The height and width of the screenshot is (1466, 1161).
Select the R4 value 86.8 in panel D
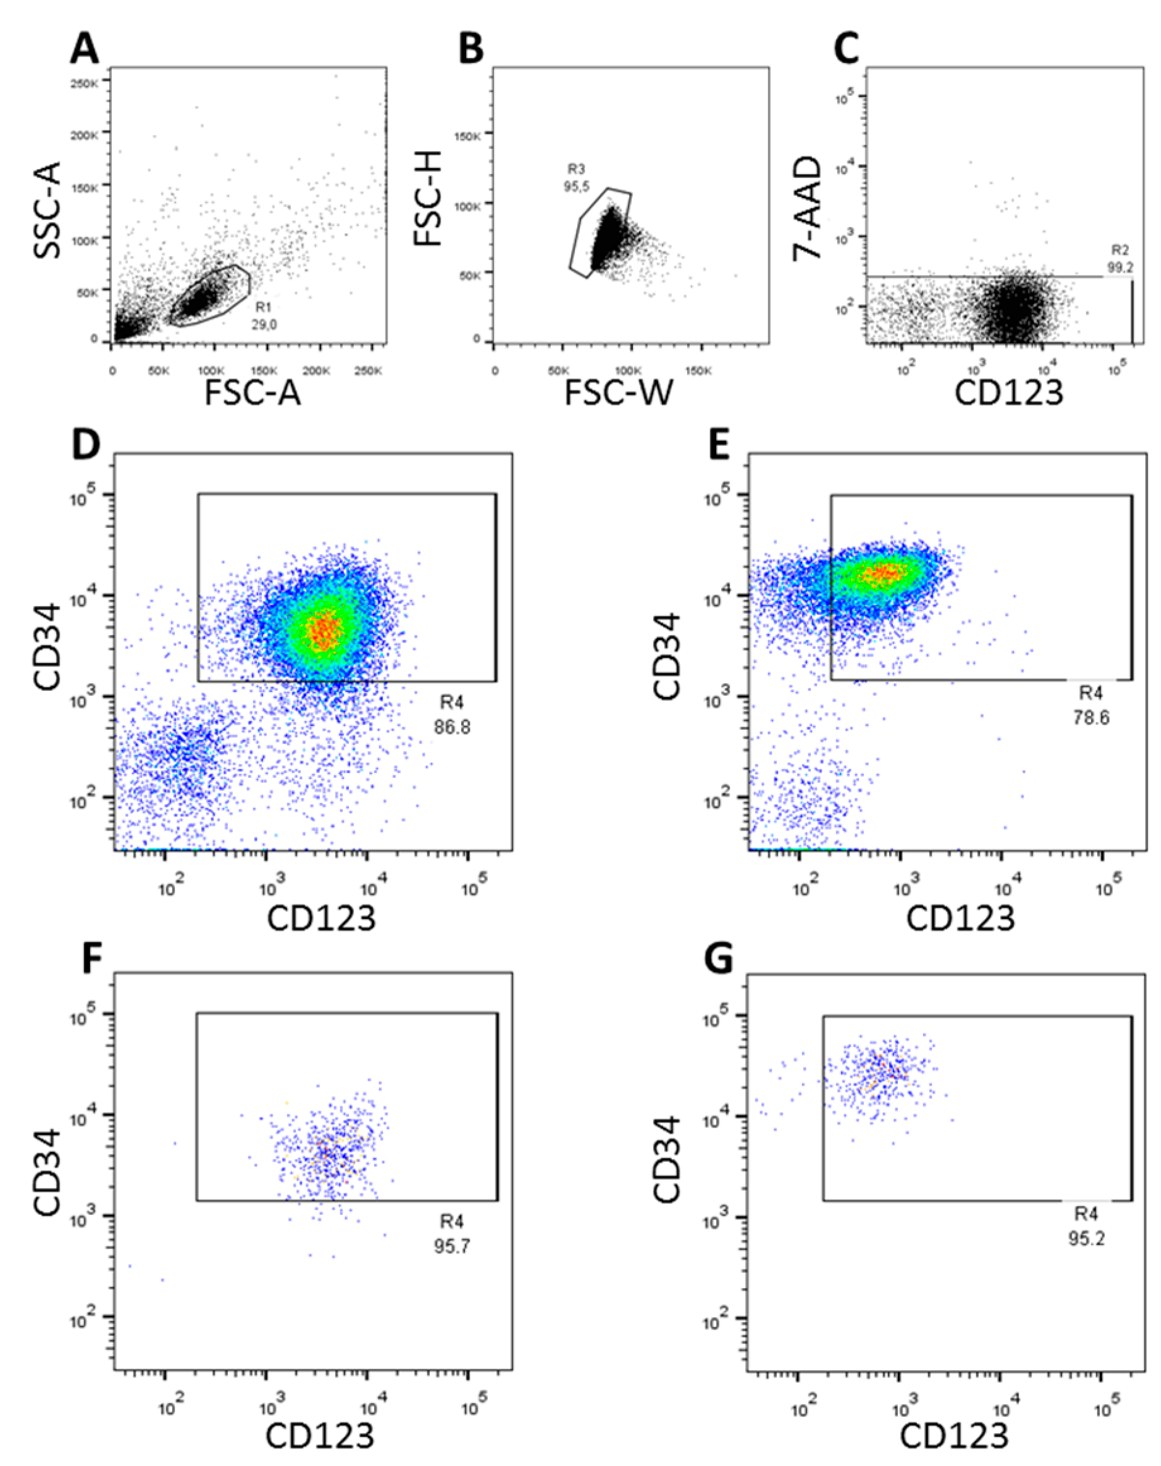coord(452,727)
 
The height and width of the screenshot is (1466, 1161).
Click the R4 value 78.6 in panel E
coord(1091,717)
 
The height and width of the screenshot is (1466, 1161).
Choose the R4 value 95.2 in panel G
coord(1085,1238)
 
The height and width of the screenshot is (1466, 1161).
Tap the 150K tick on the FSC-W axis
coord(698,372)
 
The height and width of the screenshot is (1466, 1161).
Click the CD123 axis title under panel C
coord(1009,392)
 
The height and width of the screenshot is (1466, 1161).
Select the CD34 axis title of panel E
coord(666,655)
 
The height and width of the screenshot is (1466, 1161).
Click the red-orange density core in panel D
coord(326,630)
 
